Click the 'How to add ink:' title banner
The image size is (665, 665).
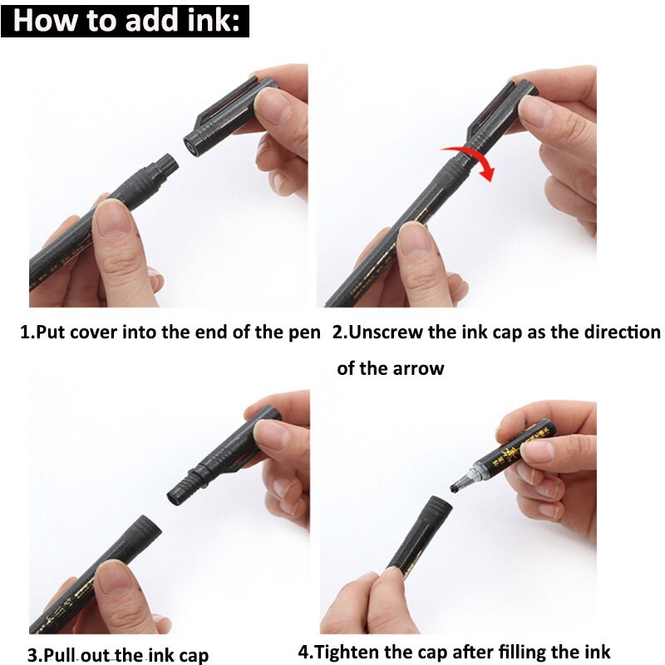[x=125, y=20]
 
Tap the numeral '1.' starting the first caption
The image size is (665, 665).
[x=27, y=332]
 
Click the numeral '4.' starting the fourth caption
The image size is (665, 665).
[x=305, y=652]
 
